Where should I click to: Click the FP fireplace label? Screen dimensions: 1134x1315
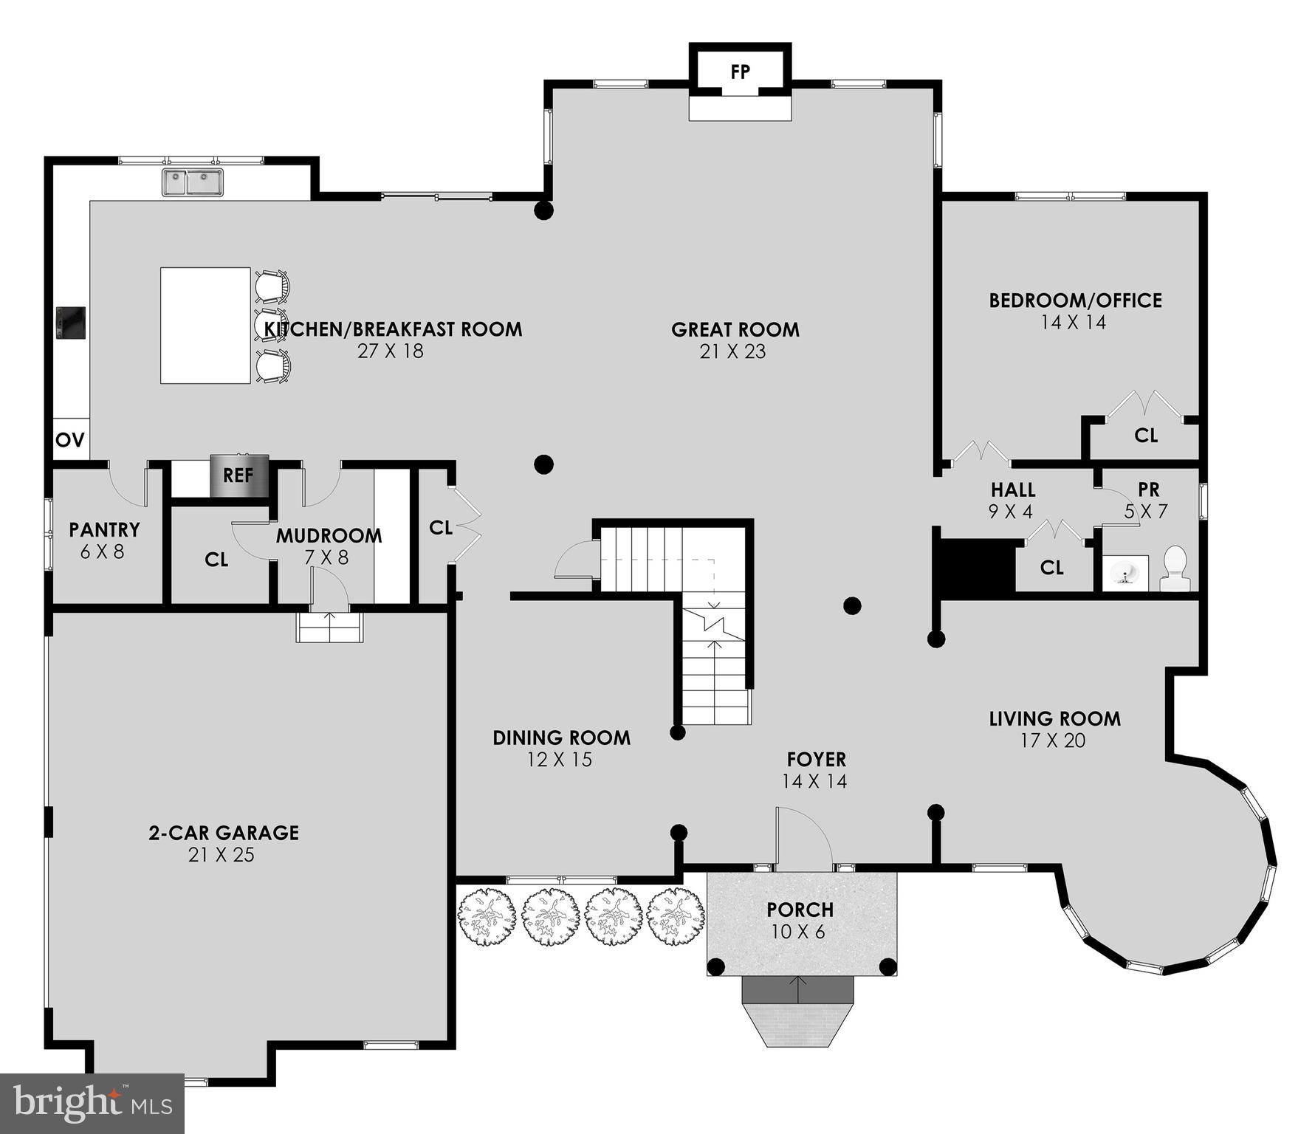click(x=740, y=72)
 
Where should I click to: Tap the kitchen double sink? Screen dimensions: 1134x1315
click(x=193, y=182)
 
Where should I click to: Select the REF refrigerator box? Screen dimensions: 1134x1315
click(x=238, y=476)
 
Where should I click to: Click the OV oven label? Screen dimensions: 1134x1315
click(x=71, y=441)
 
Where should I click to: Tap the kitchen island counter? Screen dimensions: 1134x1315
click(x=205, y=326)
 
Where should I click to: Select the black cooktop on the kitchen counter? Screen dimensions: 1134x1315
click(x=72, y=323)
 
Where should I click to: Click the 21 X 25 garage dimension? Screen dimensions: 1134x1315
click(x=222, y=855)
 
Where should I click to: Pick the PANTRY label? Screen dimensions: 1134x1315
click(x=104, y=530)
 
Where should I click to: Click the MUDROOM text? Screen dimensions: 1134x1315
click(x=329, y=536)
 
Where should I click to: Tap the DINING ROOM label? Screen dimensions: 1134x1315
click(x=561, y=738)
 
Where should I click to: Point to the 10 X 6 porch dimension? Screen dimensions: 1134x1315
click(x=797, y=932)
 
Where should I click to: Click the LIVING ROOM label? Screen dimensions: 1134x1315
click(x=1054, y=718)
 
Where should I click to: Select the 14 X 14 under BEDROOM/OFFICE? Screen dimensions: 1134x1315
click(x=1074, y=323)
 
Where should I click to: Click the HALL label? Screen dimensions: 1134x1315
click(x=1012, y=490)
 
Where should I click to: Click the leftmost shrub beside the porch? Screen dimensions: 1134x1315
click(x=486, y=916)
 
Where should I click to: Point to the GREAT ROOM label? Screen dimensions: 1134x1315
click(x=735, y=329)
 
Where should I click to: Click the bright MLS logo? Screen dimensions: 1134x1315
click(x=92, y=1104)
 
